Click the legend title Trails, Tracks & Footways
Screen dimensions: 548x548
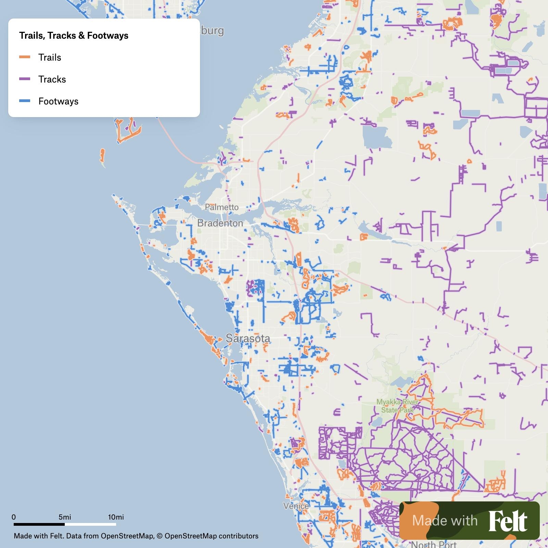click(x=74, y=36)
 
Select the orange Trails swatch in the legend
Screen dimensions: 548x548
click(x=25, y=57)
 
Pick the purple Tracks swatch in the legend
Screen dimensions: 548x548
click(x=25, y=79)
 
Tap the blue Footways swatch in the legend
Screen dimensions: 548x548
click(x=25, y=101)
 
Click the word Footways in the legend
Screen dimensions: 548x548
click(x=58, y=101)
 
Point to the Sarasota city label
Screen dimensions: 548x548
click(x=248, y=338)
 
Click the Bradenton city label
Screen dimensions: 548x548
click(x=220, y=223)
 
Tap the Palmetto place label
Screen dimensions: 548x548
click(x=222, y=207)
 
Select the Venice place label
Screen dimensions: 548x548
click(x=296, y=506)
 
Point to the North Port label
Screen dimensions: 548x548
click(x=434, y=544)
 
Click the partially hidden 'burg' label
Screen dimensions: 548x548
click(x=212, y=31)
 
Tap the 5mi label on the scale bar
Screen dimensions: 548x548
click(x=65, y=517)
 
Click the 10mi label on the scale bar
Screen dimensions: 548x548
click(x=116, y=517)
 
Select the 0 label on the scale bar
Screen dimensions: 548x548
click(x=14, y=517)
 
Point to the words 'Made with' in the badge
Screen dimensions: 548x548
click(x=445, y=521)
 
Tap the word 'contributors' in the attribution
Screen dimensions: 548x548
click(x=238, y=536)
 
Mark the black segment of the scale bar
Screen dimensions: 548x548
click(x=39, y=524)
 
